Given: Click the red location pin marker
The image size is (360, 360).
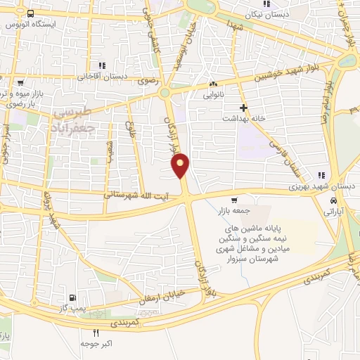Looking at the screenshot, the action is (181, 166).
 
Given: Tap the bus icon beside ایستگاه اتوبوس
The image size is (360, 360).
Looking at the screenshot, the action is (31, 14).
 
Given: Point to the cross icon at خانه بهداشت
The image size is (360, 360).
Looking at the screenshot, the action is (243, 108).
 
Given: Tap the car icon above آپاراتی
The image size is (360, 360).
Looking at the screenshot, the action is (323, 200).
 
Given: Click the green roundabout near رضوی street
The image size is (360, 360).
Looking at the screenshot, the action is (166, 93).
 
